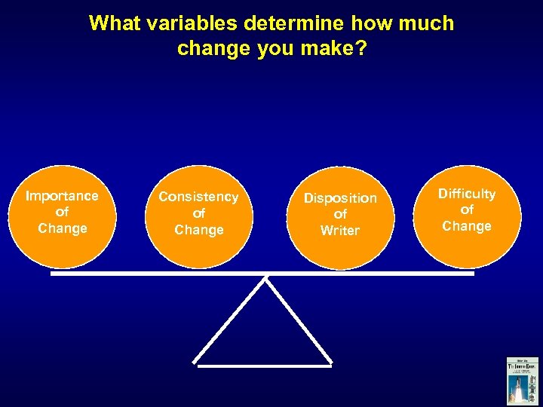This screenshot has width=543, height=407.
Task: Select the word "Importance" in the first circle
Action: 62,196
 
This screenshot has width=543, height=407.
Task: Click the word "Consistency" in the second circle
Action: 198,197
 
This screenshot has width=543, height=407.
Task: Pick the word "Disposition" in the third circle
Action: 340,198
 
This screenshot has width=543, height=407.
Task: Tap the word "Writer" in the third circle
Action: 340,231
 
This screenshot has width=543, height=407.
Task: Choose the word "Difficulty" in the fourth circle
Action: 467,194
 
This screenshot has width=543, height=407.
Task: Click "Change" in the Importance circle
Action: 62,228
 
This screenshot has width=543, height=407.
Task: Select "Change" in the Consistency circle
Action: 198,230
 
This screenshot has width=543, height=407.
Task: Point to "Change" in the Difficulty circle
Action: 467,226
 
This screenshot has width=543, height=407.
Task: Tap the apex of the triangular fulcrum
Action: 265,279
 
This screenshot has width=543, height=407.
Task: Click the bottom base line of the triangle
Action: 264,366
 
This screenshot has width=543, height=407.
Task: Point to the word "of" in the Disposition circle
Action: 340,215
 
